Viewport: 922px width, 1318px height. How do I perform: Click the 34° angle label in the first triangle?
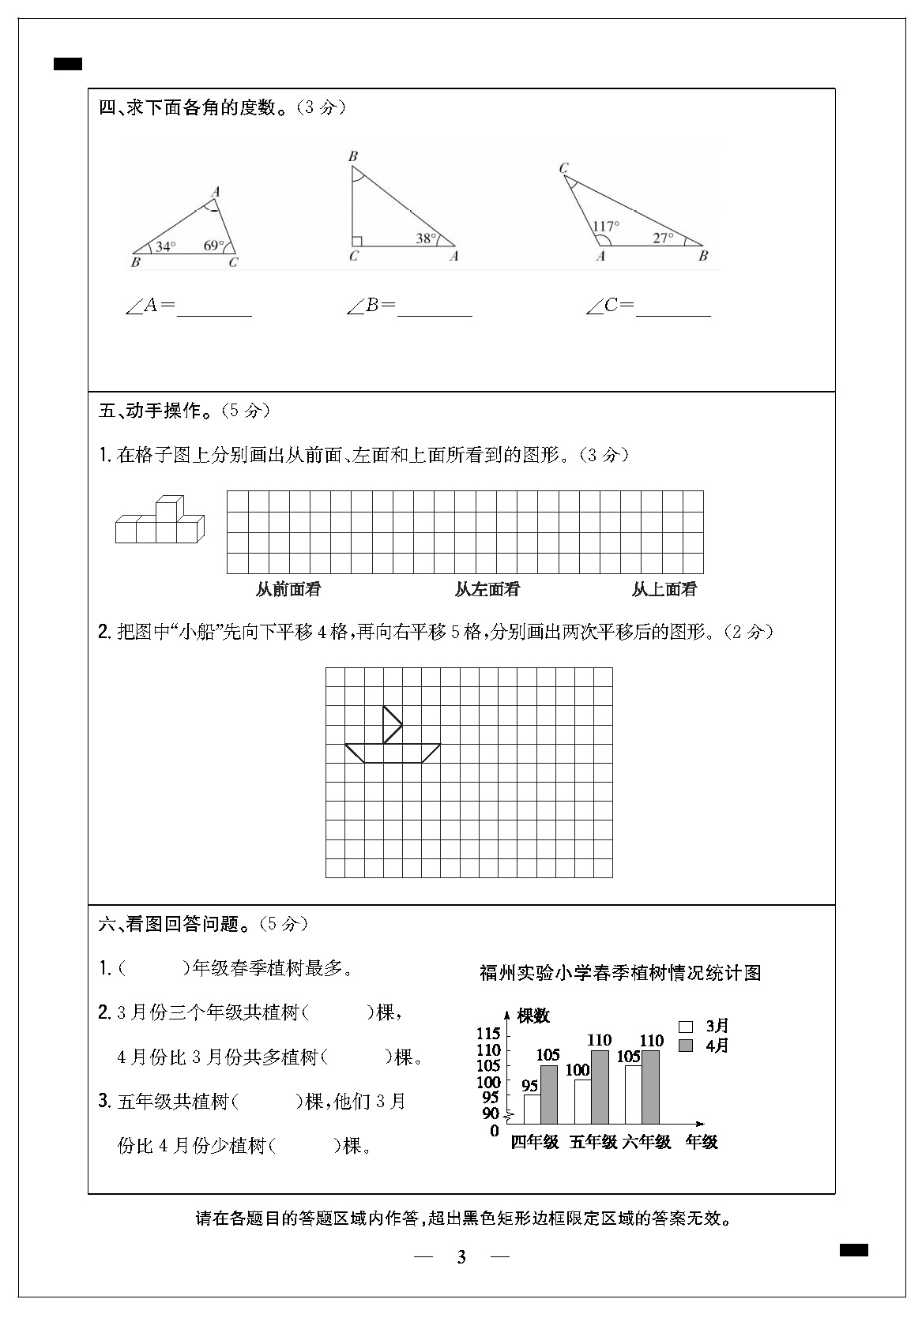click(x=165, y=246)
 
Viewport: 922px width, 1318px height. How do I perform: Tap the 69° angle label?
click(x=213, y=246)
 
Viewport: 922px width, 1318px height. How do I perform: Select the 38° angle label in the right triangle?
click(x=426, y=238)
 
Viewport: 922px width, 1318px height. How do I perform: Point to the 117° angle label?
click(x=606, y=225)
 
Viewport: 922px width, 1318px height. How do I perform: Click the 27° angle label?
click(x=663, y=237)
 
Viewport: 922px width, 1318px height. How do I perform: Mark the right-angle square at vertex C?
click(x=357, y=241)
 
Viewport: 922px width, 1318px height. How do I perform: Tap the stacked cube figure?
click(x=160, y=521)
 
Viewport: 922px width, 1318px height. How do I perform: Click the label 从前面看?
click(x=288, y=589)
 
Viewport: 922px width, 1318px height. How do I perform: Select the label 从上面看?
click(x=664, y=589)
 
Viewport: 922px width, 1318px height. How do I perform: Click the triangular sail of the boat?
click(x=391, y=724)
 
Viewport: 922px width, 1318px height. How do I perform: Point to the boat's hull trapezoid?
click(x=393, y=753)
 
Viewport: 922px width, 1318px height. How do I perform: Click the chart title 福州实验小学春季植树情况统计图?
click(x=620, y=973)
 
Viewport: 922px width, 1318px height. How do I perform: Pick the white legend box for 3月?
click(x=686, y=1027)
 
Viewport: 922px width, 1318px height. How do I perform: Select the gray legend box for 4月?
click(x=686, y=1046)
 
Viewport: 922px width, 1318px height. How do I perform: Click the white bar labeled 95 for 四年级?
click(x=532, y=1109)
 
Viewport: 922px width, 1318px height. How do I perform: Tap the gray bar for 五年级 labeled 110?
click(x=600, y=1087)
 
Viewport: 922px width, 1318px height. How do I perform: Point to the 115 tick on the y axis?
click(x=488, y=1034)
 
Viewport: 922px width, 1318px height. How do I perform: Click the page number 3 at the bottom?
click(x=461, y=1257)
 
